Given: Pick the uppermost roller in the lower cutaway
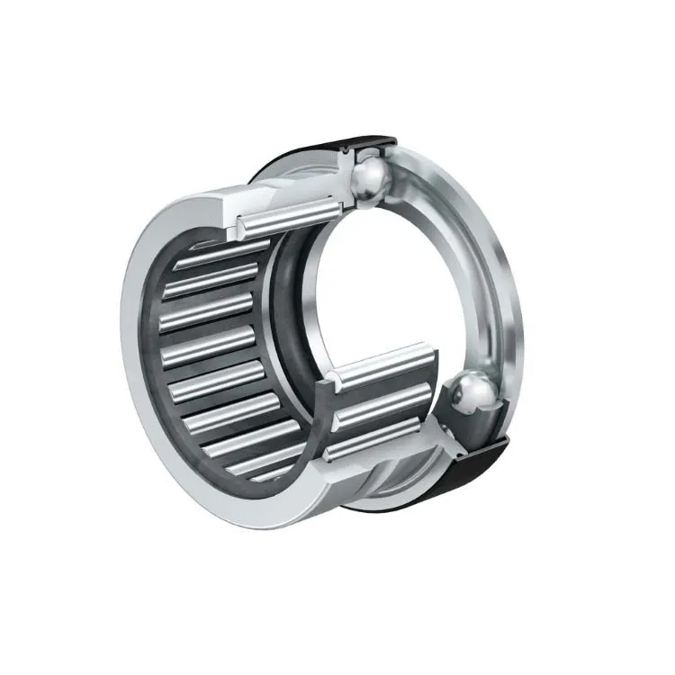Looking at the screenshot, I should (382, 364).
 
